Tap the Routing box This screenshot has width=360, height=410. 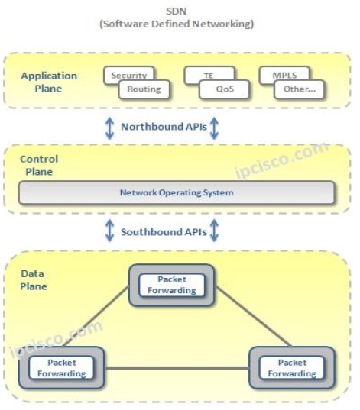(144, 89)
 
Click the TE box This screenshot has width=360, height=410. (207, 75)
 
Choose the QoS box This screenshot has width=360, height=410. (225, 89)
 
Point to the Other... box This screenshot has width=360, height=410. (299, 89)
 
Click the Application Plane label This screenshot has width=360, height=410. (49, 82)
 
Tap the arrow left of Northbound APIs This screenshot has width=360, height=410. (109, 128)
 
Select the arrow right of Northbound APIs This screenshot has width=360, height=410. (214, 128)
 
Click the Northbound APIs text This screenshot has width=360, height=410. (162, 128)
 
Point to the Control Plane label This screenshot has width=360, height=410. (39, 165)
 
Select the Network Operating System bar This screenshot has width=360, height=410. (177, 192)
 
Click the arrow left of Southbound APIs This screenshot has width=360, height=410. (109, 230)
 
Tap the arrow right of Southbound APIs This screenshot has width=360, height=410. (214, 230)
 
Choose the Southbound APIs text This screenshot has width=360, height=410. (163, 231)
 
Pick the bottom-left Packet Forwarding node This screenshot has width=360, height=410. (61, 368)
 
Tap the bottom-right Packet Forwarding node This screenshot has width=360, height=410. (291, 368)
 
